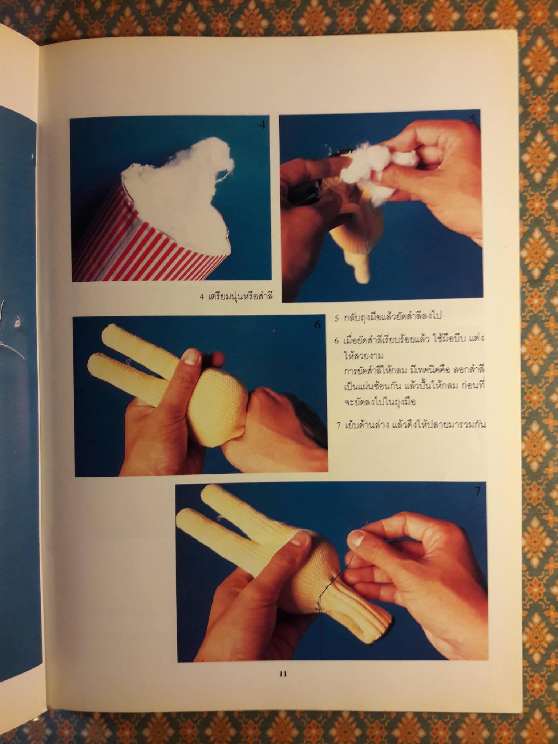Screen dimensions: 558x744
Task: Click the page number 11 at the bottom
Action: pos(283,674)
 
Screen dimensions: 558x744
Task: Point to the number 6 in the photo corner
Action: pos(317,325)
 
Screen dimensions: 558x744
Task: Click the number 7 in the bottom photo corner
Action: pos(477,492)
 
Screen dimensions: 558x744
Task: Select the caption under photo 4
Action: pos(236,296)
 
